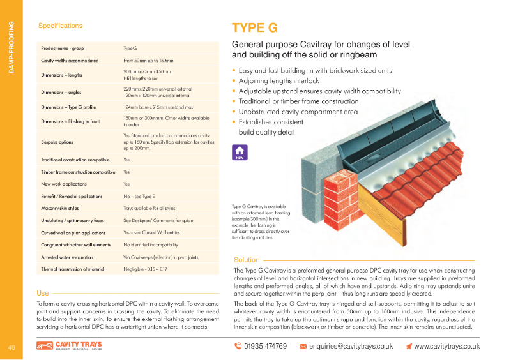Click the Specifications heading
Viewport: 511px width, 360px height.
(x=61, y=26)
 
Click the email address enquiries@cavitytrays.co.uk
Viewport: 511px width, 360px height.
(x=351, y=346)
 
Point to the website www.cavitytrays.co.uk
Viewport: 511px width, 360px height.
(x=446, y=346)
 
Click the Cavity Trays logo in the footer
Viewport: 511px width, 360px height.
(x=69, y=346)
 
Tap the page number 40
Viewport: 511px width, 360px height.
(x=11, y=347)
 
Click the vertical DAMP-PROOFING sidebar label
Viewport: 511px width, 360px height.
(x=11, y=47)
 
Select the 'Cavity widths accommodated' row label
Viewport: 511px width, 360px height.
(x=70, y=60)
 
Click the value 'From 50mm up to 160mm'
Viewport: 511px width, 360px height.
(x=149, y=60)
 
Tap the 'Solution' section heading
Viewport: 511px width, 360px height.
(x=247, y=260)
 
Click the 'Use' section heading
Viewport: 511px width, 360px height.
(x=43, y=293)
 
